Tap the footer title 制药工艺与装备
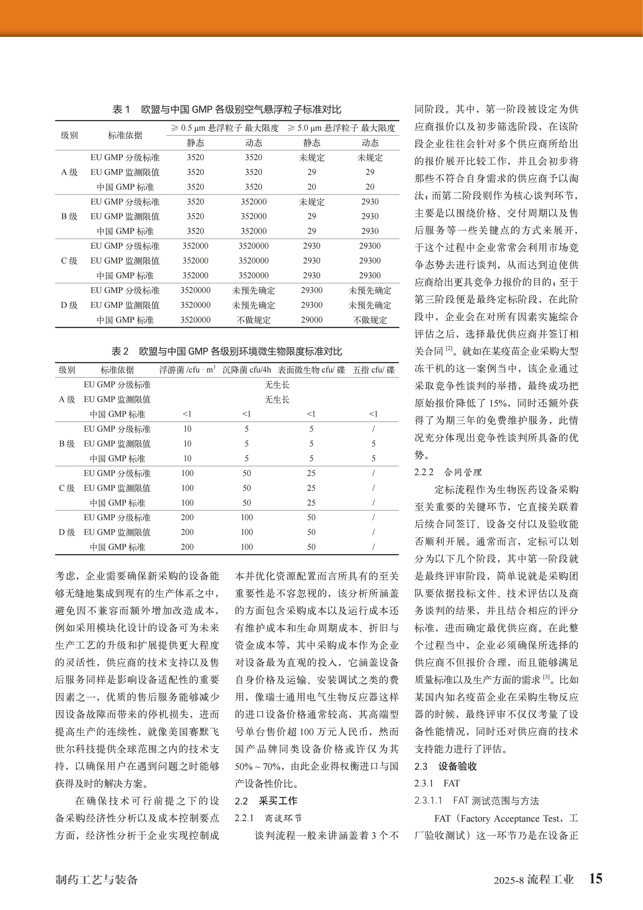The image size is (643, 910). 97,880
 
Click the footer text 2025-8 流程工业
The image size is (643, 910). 533,880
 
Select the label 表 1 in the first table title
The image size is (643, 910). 121,109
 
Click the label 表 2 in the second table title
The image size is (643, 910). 120,351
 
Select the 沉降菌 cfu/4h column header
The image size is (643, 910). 246,370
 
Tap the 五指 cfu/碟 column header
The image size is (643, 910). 374,370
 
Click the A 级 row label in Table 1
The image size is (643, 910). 69,172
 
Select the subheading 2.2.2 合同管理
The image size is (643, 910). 448,472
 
